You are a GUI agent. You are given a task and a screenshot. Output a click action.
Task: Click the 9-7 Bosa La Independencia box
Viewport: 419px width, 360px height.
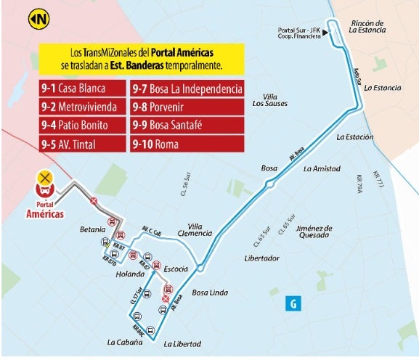pos(187,89)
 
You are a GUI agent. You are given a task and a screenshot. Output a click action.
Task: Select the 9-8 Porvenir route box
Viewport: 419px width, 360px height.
pos(187,107)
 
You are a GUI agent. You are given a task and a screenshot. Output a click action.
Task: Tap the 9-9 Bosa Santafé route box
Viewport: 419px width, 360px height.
pos(187,126)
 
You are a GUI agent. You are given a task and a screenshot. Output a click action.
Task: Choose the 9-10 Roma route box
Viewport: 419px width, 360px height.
pos(187,144)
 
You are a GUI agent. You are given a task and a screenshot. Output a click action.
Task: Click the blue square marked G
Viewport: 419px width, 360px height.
pos(293,304)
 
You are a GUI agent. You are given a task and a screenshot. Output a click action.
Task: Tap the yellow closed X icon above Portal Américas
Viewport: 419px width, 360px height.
pos(46,176)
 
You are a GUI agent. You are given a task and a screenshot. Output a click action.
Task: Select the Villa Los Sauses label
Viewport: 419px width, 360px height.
pos(269,100)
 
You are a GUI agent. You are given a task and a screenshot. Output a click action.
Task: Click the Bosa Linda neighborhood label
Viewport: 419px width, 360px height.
pos(210,293)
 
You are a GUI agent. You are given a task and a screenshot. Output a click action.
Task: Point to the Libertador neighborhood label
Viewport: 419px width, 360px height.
pos(262,258)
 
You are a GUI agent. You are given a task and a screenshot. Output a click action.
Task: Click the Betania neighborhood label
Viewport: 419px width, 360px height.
pos(92,230)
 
